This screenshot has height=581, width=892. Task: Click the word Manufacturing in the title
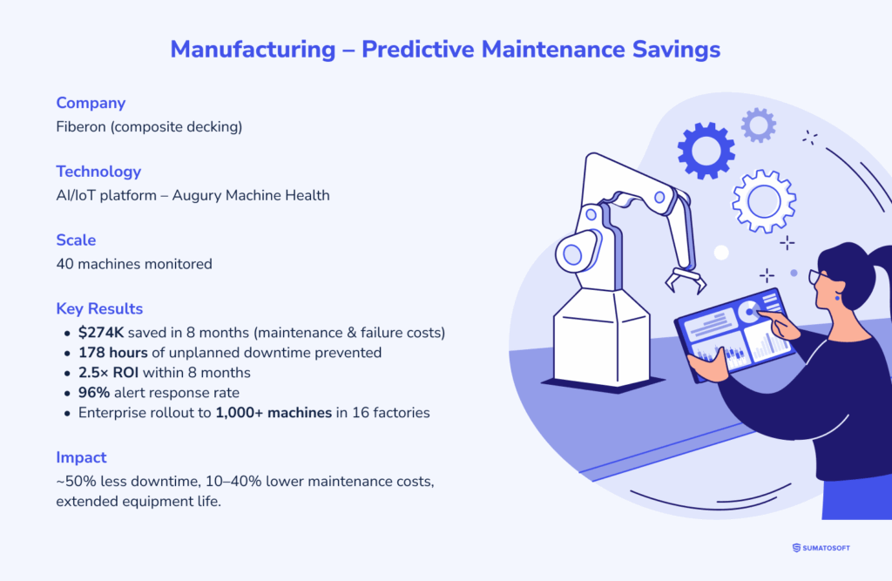click(253, 50)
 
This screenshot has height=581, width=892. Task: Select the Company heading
click(91, 103)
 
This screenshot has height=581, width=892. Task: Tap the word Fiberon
click(81, 126)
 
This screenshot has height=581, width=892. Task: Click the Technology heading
click(98, 172)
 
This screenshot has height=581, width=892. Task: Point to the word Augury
click(196, 196)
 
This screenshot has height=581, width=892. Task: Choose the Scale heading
click(76, 240)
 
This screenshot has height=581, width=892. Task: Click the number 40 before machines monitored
click(64, 264)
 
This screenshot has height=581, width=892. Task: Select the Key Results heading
click(99, 309)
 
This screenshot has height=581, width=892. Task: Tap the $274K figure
click(101, 333)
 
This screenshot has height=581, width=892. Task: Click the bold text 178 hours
click(112, 353)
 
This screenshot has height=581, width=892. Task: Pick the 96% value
click(94, 393)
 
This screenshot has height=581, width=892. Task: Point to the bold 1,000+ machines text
click(274, 413)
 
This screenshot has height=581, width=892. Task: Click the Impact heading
click(81, 457)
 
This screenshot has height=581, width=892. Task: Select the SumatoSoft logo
click(821, 548)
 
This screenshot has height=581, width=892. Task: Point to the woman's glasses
click(817, 277)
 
